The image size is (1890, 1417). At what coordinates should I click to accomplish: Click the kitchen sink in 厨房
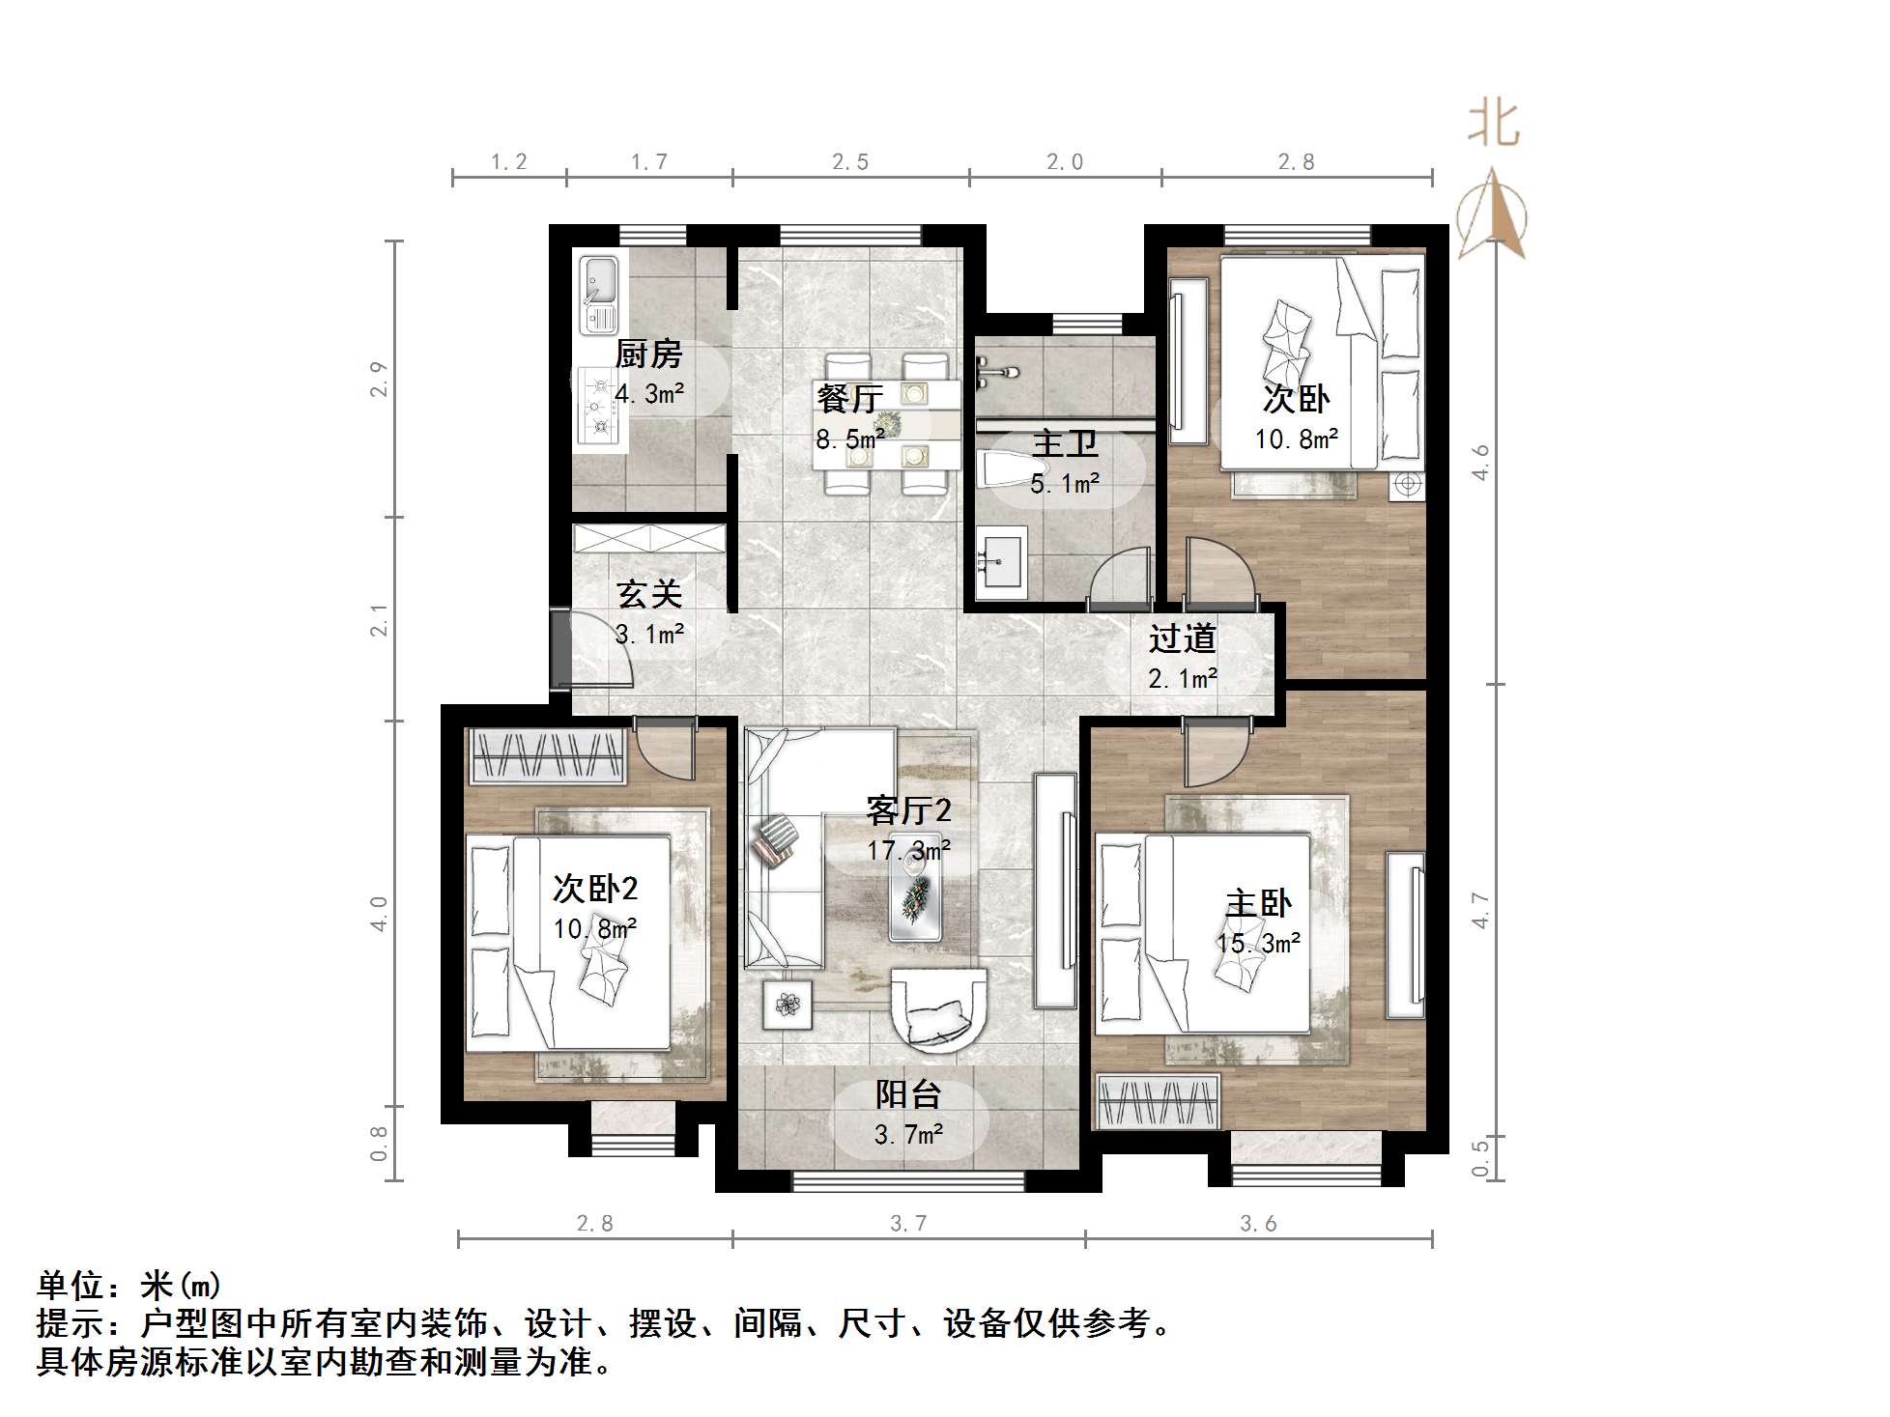point(599,291)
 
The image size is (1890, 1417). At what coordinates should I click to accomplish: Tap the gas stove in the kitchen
point(597,407)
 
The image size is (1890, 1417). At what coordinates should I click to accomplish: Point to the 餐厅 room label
point(849,398)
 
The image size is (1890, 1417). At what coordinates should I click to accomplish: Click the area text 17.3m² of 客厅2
point(908,851)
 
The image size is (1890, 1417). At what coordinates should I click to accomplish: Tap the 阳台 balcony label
point(908,1094)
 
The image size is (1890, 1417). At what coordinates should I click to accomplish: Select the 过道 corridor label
point(1182,638)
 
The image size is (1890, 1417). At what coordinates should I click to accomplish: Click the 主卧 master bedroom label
point(1258,904)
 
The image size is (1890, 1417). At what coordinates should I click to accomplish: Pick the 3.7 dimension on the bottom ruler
point(908,1225)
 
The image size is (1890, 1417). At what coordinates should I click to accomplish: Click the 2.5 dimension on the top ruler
point(850,162)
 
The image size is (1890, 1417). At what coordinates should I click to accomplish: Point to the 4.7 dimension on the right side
point(1480,911)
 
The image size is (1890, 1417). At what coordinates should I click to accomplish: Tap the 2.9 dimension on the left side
point(379,379)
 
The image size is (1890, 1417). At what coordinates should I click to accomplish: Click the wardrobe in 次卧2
point(546,755)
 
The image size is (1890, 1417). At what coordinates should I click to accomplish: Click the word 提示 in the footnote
point(69,1323)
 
